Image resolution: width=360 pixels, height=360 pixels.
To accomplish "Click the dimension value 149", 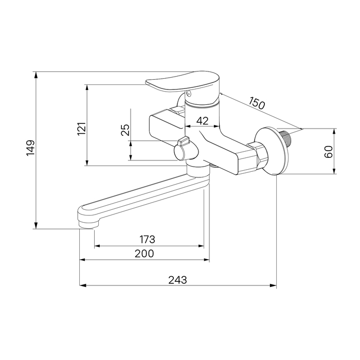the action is click(30, 148).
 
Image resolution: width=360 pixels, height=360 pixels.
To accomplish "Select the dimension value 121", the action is click(82, 129).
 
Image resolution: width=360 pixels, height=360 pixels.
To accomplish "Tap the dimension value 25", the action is click(125, 130).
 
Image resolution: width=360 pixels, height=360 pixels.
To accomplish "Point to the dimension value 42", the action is click(202, 120).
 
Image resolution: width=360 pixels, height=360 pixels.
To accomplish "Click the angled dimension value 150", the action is click(257, 103).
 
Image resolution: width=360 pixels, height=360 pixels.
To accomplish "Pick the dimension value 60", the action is click(329, 152).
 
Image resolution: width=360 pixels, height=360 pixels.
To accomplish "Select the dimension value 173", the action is click(148, 240).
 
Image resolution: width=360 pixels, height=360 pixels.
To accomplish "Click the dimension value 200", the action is click(144, 254).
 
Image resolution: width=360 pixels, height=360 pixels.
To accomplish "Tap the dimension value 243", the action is click(178, 280).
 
